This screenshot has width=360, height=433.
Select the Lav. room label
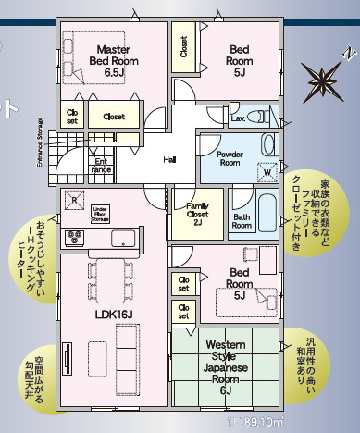tap(237, 118)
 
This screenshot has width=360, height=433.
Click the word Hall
tap(169, 159)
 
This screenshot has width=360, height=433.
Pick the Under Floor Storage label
tap(101, 215)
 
